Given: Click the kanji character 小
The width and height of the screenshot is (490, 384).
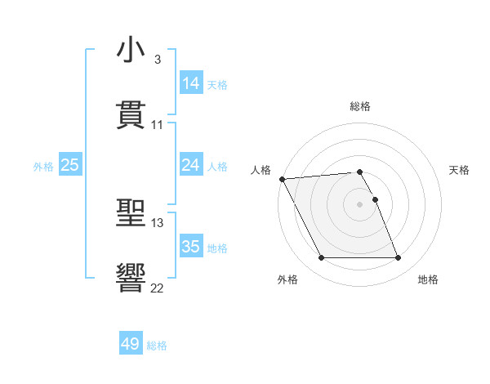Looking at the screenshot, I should point(131,51).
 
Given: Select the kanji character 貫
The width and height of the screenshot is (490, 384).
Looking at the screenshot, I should point(131,114).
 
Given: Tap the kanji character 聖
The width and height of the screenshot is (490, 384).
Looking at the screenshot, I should point(131,213).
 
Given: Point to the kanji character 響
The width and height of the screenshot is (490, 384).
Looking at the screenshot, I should point(131,278).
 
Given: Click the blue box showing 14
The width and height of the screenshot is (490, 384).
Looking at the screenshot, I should point(190,83).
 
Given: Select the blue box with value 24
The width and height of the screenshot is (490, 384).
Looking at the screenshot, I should point(190,165).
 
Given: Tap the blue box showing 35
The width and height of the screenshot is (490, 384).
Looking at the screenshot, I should point(190,247).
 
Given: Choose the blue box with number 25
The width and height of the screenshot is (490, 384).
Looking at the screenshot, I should point(70,165).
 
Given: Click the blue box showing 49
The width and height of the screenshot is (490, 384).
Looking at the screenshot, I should point(131,344).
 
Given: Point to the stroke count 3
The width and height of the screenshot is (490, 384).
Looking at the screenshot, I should point(157,60).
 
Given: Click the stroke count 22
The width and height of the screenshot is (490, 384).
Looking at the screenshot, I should point(157,288).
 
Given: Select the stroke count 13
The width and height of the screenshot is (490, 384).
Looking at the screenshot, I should point(157,222).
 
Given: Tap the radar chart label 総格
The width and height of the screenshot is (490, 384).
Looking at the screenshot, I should point(360,106).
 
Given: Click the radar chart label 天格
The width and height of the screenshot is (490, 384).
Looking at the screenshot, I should point(460,170).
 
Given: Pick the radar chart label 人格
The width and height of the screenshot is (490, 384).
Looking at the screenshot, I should point(261,170).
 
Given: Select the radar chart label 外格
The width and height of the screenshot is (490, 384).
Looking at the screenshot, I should point(287,280).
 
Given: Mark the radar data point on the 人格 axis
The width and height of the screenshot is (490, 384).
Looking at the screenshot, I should point(282,179).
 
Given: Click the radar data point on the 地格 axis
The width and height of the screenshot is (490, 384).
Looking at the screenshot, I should point(399,258).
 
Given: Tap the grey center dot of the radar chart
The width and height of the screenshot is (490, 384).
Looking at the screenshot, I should point(360,204).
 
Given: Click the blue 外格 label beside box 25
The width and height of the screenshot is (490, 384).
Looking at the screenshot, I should point(43,166).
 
